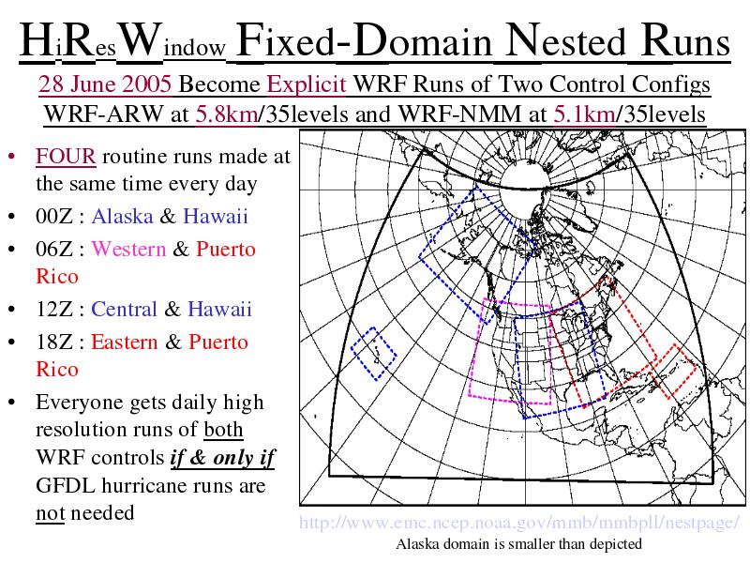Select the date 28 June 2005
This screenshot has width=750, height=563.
[105, 84]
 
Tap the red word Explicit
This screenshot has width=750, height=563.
[307, 84]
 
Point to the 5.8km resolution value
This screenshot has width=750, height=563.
[226, 114]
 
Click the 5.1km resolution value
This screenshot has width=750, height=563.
[584, 114]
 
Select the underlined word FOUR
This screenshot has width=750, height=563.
[66, 157]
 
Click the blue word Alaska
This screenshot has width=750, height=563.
[122, 216]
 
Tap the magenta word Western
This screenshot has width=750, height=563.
[128, 249]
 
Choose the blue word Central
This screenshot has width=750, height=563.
[124, 309]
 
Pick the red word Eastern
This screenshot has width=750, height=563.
[124, 342]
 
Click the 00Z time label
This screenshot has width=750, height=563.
[54, 217]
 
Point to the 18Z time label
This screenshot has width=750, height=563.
[54, 342]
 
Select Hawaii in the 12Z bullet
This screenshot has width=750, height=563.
[219, 309]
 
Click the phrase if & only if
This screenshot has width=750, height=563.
[222, 458]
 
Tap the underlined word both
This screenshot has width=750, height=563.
[223, 430]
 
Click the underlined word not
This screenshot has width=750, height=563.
[51, 513]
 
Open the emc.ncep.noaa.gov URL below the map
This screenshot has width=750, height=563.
[519, 523]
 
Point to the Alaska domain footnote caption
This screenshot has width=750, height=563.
[519, 544]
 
